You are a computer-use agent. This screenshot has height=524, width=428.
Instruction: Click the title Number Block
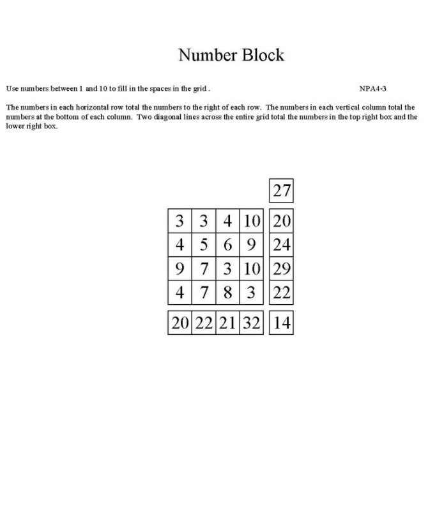point(231,55)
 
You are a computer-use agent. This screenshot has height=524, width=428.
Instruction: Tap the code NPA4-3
point(372,88)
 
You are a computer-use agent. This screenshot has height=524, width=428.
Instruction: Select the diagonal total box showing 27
point(282,190)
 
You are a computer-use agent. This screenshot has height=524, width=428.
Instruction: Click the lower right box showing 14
point(282,323)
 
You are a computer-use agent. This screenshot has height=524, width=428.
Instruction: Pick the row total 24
point(282,245)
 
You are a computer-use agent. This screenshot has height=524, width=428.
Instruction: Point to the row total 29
point(282,269)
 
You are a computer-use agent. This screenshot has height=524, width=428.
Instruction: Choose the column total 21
point(227,323)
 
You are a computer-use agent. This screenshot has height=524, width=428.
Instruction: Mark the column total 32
point(252,323)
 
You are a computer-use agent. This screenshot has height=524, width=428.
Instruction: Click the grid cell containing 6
point(227,245)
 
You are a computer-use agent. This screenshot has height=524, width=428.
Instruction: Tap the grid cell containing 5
point(204,245)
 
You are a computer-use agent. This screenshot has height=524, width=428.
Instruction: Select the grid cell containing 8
point(227,293)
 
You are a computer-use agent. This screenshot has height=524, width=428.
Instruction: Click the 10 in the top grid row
point(252,221)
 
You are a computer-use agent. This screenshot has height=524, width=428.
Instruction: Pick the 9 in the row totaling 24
point(252,245)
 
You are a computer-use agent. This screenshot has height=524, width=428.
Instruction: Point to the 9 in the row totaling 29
point(180,269)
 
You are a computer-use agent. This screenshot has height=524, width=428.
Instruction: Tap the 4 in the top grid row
point(227,221)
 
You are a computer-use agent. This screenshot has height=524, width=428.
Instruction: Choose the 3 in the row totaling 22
point(252,293)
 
